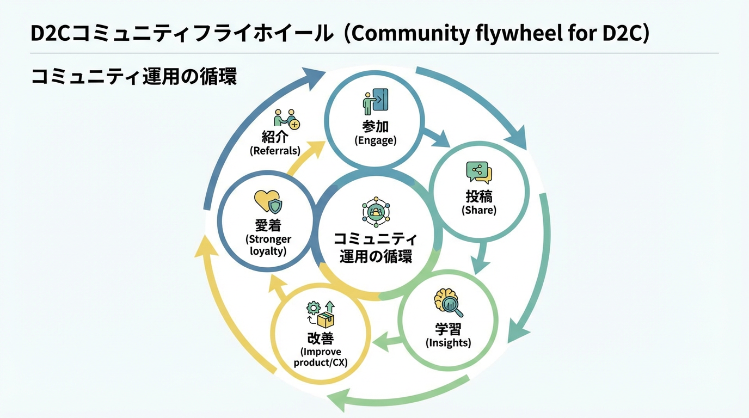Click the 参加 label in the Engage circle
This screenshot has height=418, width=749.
click(x=375, y=126)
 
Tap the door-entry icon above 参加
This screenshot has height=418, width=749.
click(x=375, y=101)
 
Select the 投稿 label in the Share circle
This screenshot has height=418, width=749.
click(x=479, y=196)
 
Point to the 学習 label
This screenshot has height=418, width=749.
click(x=449, y=329)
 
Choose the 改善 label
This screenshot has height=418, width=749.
click(x=321, y=338)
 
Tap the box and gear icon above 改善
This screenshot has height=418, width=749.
click(x=321, y=314)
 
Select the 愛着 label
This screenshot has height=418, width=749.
click(x=268, y=225)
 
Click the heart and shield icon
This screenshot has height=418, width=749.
click(x=268, y=201)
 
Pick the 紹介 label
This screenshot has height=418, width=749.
click(x=275, y=136)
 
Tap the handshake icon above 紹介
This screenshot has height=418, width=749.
click(x=286, y=118)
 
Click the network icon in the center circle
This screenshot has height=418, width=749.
click(x=376, y=212)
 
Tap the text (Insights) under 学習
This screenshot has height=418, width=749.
click(x=449, y=343)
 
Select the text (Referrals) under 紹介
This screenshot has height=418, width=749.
click(x=275, y=151)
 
